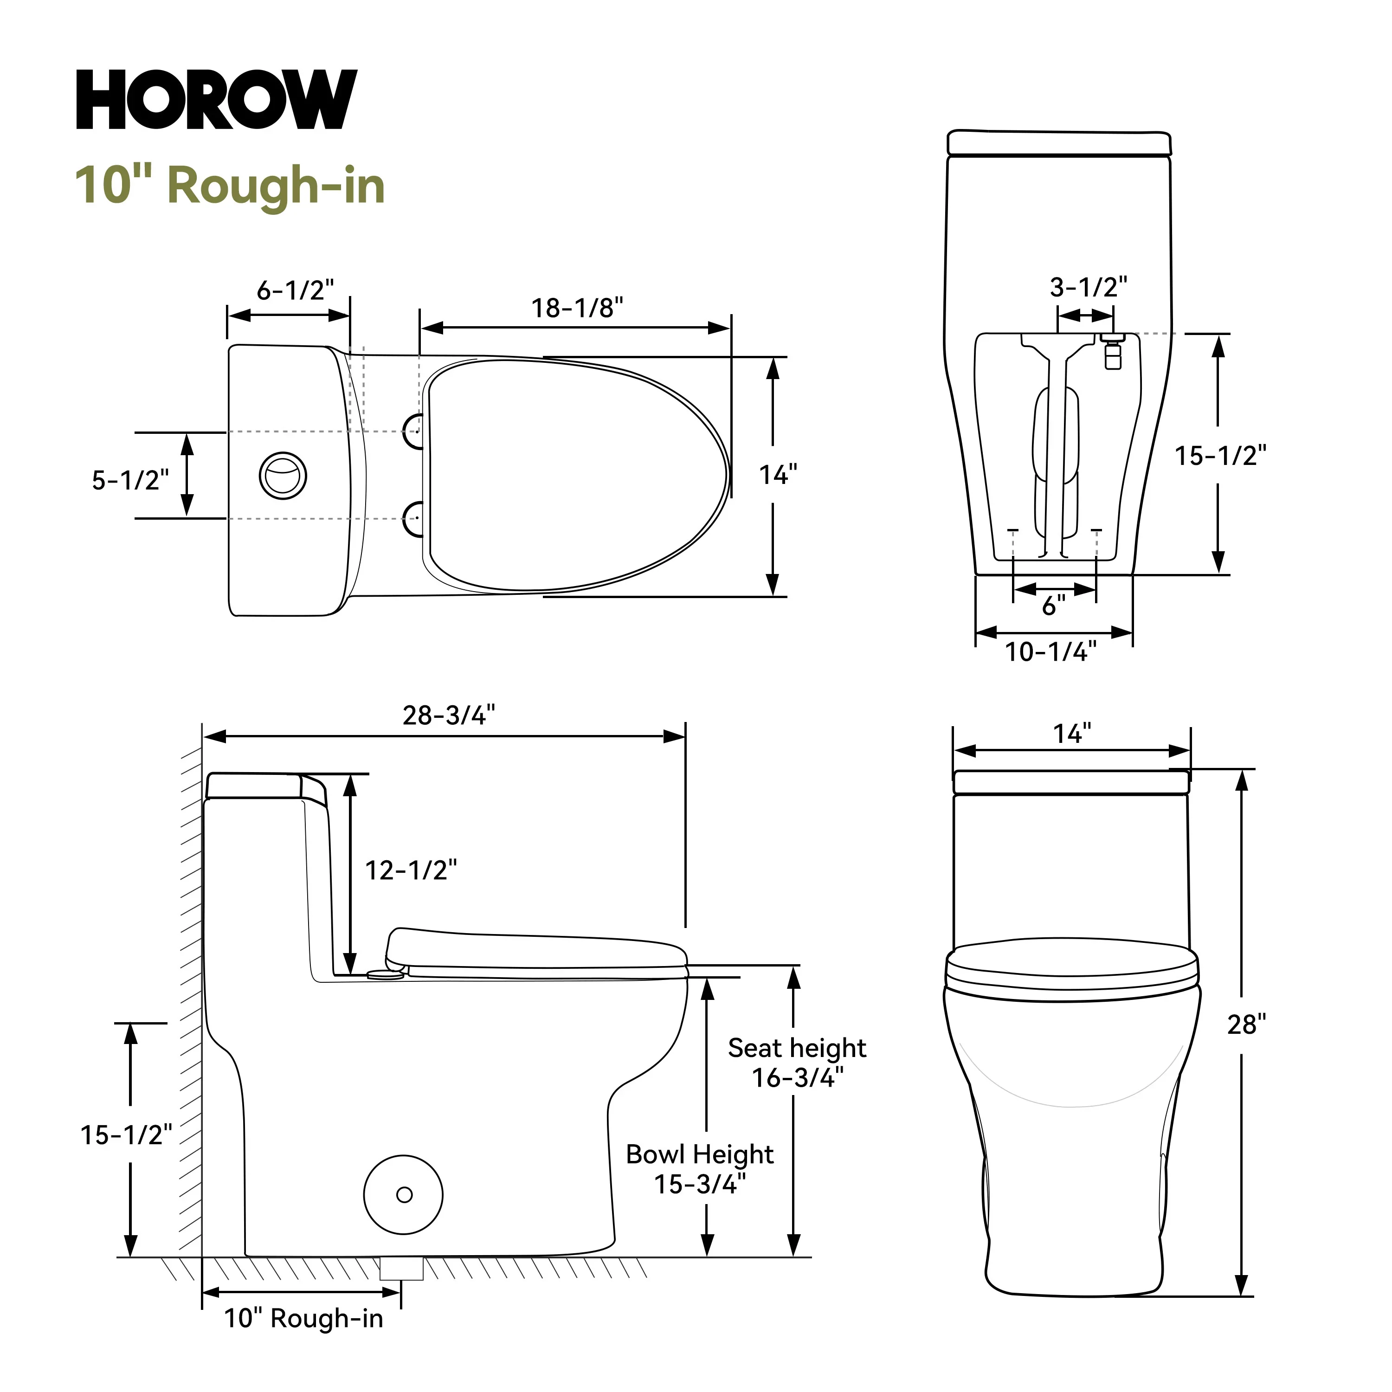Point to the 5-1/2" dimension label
point(130,480)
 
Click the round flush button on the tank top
point(283,476)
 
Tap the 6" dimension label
point(1053,606)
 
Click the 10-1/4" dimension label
point(1050,652)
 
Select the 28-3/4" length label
point(449,715)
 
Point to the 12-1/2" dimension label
point(411,870)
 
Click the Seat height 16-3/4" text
point(797,1063)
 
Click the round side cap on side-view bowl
point(404,1195)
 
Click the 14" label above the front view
point(1072,734)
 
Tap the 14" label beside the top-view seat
point(778,475)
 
